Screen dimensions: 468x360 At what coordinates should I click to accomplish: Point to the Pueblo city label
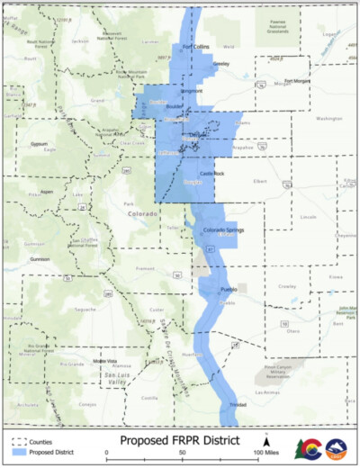[x=229, y=289]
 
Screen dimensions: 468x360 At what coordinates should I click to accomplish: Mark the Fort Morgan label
[x=298, y=80]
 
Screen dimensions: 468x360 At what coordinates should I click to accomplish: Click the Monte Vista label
[x=106, y=362]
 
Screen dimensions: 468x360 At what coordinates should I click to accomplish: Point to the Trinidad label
[x=238, y=405]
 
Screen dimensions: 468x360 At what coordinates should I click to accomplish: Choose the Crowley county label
[x=287, y=285]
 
